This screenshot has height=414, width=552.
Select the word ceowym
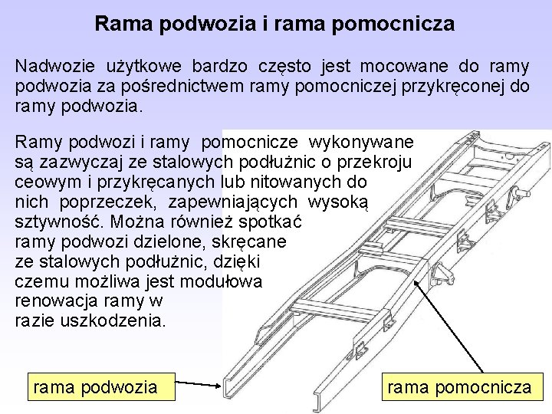pos(48,183)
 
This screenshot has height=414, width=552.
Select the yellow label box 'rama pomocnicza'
pos(459,388)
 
